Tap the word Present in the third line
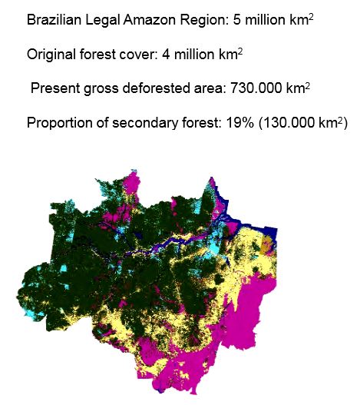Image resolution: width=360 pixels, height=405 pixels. [54, 89]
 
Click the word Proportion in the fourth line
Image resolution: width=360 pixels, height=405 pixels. [58, 123]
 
